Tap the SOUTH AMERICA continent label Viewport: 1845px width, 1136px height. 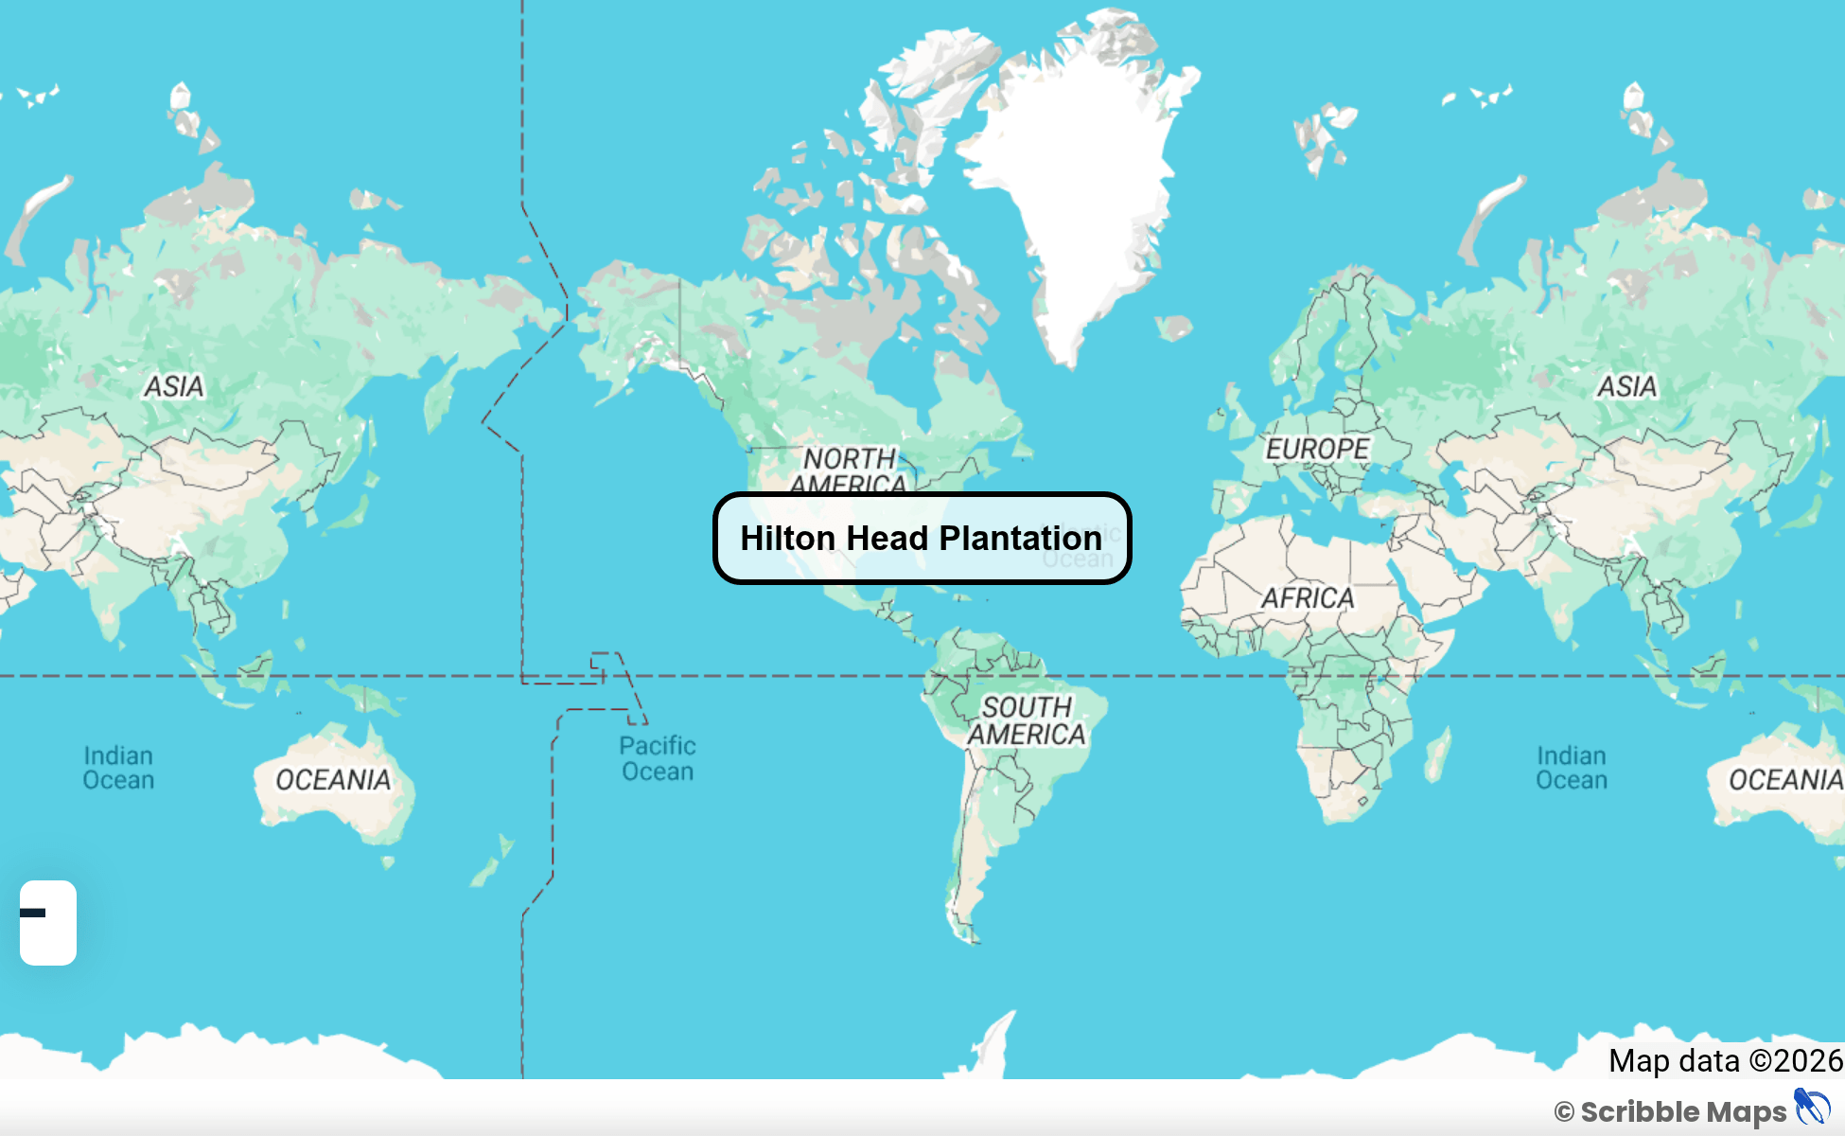point(1027,720)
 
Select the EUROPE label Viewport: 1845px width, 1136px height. point(1317,449)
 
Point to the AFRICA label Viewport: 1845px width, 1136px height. point(1308,598)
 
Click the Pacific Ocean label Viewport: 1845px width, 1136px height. point(658,758)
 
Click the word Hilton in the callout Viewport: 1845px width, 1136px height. point(788,539)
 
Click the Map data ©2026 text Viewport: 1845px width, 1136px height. point(1725,1061)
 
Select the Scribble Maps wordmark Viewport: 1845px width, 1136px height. point(1682,1111)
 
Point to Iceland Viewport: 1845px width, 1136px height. point(1174,328)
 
